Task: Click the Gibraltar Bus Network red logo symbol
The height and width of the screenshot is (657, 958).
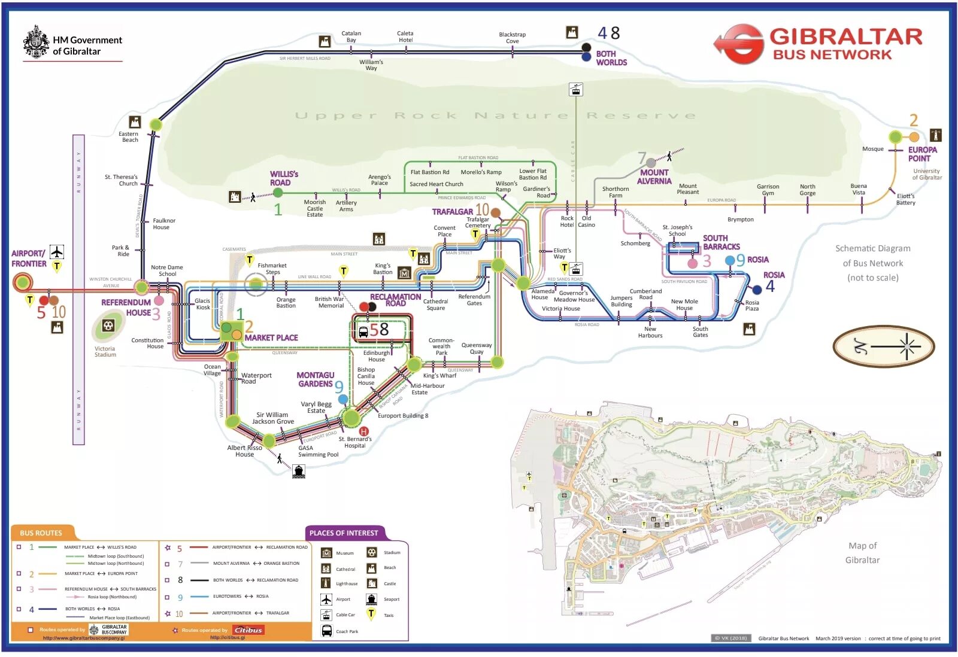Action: point(739,44)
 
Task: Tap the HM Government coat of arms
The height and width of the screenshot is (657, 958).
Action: point(36,41)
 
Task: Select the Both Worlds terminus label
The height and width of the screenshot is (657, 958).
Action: point(611,58)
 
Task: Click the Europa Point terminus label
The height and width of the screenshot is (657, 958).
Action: point(921,154)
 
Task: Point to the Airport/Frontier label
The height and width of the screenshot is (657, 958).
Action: point(29,258)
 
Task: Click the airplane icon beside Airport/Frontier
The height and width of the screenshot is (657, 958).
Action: point(57,251)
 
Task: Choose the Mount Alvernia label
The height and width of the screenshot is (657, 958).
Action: point(654,177)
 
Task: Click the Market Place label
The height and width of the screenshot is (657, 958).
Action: point(271,337)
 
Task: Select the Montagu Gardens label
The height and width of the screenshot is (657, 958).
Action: point(315,379)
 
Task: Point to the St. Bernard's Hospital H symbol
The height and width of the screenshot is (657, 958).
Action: point(363,431)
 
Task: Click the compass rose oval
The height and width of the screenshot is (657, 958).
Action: point(883,346)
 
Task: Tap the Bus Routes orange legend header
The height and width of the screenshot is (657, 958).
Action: point(41,533)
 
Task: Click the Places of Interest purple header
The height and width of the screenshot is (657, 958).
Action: point(344,533)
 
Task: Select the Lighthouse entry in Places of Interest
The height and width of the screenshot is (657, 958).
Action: point(346,583)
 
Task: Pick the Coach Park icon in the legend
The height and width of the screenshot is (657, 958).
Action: point(327,631)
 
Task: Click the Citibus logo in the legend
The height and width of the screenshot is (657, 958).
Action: point(248,629)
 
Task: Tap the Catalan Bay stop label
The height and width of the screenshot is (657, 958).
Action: point(351,37)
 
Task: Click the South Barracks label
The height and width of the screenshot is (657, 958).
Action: point(721,242)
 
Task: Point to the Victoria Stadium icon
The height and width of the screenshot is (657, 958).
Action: point(108,326)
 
